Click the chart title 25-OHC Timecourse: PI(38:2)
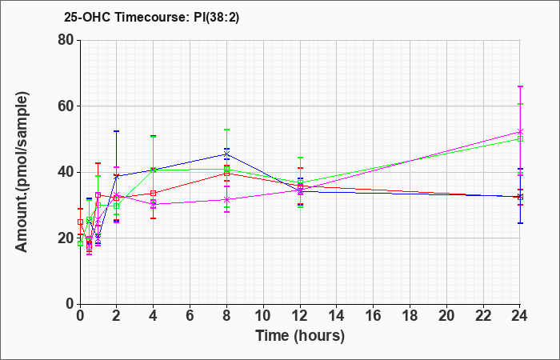click(151, 18)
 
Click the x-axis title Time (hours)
click(300, 336)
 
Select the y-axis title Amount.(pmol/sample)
click(22, 172)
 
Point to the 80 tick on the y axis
click(66, 40)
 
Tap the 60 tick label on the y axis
click(66, 106)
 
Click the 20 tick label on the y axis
click(66, 238)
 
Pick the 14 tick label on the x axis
click(337, 316)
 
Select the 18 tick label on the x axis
click(410, 316)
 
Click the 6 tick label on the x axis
click(190, 316)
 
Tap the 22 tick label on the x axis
click(483, 316)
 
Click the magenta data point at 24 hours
click(520, 132)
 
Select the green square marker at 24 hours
click(520, 138)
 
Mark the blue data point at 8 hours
click(226, 154)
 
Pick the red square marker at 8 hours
click(226, 174)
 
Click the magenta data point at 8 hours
click(226, 199)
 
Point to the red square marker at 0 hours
click(80, 222)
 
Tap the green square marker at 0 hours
click(80, 243)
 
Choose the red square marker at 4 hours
click(154, 194)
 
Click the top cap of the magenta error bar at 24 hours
click(520, 86)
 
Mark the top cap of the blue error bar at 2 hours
click(117, 131)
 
